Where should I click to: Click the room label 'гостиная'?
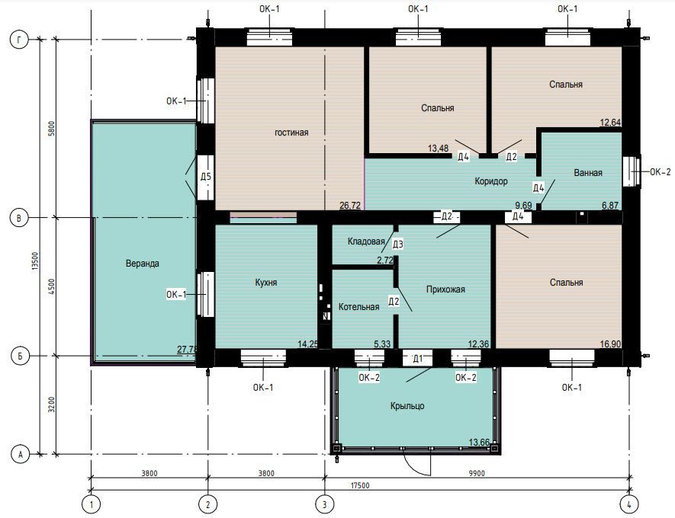[x=291, y=133]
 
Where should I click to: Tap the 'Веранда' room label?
[x=143, y=263]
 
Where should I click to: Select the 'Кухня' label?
[x=266, y=283]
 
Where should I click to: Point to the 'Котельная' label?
[x=358, y=306]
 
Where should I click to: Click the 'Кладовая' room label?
[x=366, y=241]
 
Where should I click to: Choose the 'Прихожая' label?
[x=445, y=289]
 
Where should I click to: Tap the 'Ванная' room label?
[x=588, y=173]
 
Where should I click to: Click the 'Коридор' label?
[x=491, y=181]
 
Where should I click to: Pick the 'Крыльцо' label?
[x=407, y=406]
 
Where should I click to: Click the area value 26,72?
[x=350, y=206]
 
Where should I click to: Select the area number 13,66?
[x=479, y=442]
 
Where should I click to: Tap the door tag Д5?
[x=206, y=177]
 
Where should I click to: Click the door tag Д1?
[x=417, y=359]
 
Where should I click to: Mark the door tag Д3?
[x=398, y=245]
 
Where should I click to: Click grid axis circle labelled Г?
[x=18, y=40]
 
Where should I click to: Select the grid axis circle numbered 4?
[x=629, y=504]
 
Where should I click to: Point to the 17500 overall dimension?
[x=360, y=485]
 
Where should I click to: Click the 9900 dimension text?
[x=477, y=473]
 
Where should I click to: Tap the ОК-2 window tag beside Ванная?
[x=660, y=172]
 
